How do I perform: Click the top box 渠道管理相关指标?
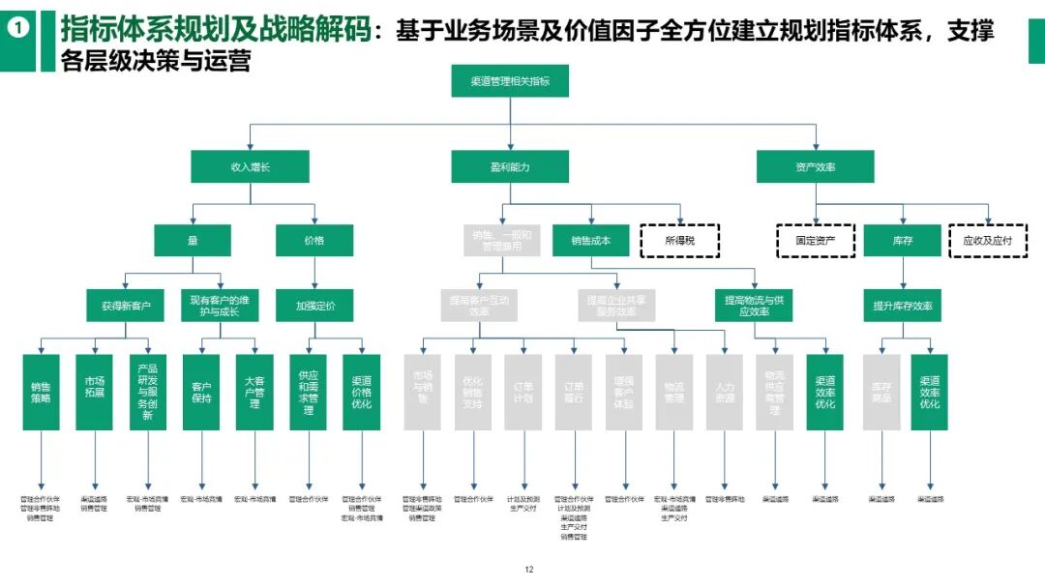510,81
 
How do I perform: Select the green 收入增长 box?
250,167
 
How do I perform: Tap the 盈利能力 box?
510,167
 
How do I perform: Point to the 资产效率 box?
815,167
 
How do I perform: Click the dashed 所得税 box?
679,240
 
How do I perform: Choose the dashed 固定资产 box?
816,240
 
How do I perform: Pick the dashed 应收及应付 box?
987,240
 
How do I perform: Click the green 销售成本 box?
591,240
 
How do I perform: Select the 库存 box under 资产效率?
903,240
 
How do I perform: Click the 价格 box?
313,240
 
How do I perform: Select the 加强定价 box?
315,307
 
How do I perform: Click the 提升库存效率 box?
903,307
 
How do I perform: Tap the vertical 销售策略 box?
42,392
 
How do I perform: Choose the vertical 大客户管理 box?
254,392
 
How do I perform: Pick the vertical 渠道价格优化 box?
361,392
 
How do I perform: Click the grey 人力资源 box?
724,392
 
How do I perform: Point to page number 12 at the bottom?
528,570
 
